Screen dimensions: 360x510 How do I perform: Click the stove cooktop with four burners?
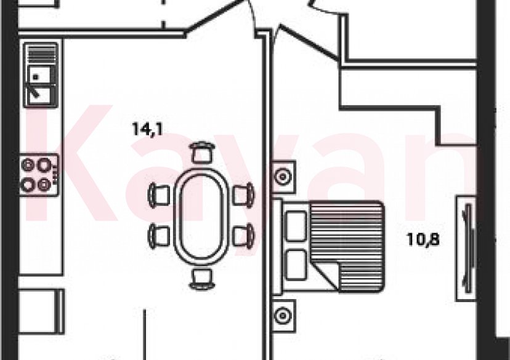pos(38,175)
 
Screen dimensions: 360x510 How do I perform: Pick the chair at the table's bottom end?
pos(201,278)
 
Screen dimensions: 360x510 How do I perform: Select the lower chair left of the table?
pos(160,234)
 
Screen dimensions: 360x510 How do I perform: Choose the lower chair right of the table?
pos(243,234)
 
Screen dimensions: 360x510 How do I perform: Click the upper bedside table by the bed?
pos(283,177)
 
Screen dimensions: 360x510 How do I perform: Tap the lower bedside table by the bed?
pos(283,315)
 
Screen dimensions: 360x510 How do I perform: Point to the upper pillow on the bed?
pos(296,225)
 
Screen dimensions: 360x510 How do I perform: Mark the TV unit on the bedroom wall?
pos(466,248)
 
